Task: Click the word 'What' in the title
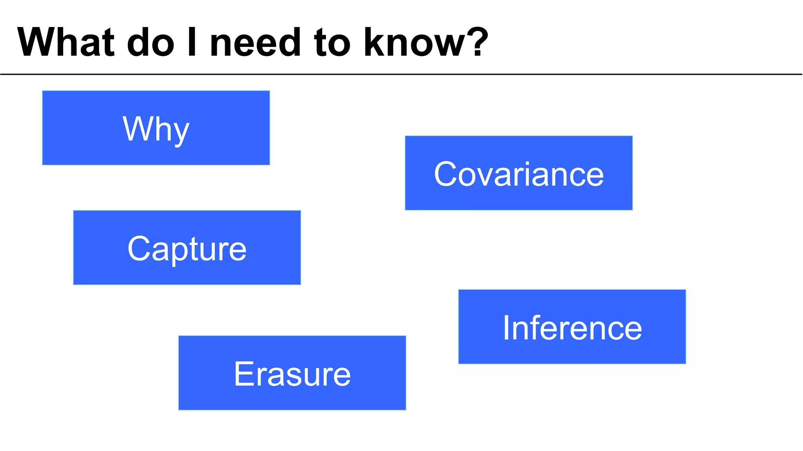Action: coord(66,42)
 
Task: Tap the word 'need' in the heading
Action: coord(256,42)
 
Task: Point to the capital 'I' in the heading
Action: coord(192,42)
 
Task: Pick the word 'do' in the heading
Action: coord(151,42)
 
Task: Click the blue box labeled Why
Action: coord(156,128)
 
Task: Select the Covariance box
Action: coord(518,173)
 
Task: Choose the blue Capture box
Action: coord(187,247)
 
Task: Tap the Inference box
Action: coord(572,327)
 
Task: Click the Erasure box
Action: coord(292,373)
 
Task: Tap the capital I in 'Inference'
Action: coord(507,328)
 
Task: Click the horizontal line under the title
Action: coord(401,74)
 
